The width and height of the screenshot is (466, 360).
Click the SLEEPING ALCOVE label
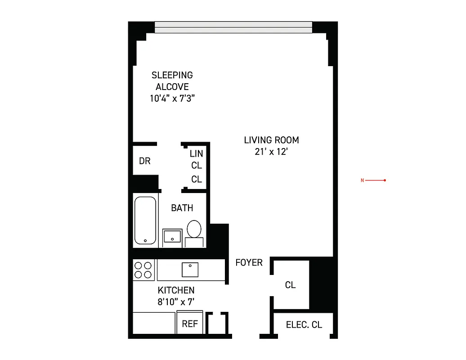(172, 81)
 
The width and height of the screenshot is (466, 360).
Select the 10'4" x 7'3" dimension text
(172, 99)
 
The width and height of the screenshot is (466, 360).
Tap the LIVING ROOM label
(271, 140)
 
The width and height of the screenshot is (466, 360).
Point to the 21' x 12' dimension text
(271, 152)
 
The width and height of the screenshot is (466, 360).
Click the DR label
(144, 161)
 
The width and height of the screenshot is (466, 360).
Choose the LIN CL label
(197, 159)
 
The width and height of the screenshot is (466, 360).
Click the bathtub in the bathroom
(145, 220)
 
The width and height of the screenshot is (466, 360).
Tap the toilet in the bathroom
(194, 229)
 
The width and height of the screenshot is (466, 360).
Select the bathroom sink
(172, 236)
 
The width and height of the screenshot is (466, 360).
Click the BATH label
(182, 208)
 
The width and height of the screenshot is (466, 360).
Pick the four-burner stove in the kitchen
(143, 270)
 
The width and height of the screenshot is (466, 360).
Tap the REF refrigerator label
(190, 324)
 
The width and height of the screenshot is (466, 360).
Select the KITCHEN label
(176, 290)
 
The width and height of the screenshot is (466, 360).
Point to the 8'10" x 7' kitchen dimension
(176, 302)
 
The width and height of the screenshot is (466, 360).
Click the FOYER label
(249, 262)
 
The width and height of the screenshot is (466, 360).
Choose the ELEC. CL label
(304, 324)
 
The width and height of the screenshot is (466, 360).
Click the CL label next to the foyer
(290, 285)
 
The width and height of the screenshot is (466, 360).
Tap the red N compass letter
(362, 181)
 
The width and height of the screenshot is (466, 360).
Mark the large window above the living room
(233, 27)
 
